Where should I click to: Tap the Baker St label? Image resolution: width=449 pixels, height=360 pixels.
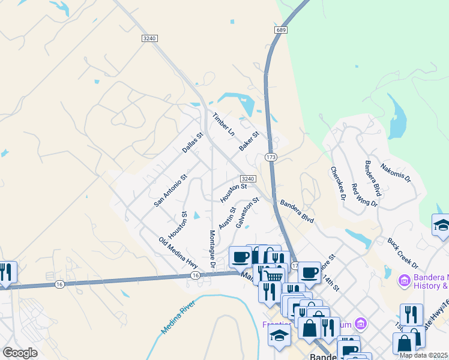[x=248, y=142]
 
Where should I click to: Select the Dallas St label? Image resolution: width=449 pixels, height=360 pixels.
[x=193, y=142]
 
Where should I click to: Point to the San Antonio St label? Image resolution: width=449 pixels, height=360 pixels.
[x=170, y=191]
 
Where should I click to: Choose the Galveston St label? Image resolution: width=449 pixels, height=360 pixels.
[x=247, y=213]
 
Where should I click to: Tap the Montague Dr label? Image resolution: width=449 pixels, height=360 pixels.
[x=212, y=249]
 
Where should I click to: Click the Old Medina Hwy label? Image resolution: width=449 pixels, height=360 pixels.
[x=178, y=253]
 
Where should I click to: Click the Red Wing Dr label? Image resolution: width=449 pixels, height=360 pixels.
[x=364, y=195]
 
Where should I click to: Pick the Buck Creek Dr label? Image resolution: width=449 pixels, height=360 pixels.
[x=403, y=253]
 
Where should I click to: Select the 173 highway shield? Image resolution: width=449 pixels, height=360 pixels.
[x=270, y=157]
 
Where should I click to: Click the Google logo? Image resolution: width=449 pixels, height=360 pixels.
[x=20, y=353]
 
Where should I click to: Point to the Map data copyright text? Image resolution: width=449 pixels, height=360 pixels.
[x=423, y=355]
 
